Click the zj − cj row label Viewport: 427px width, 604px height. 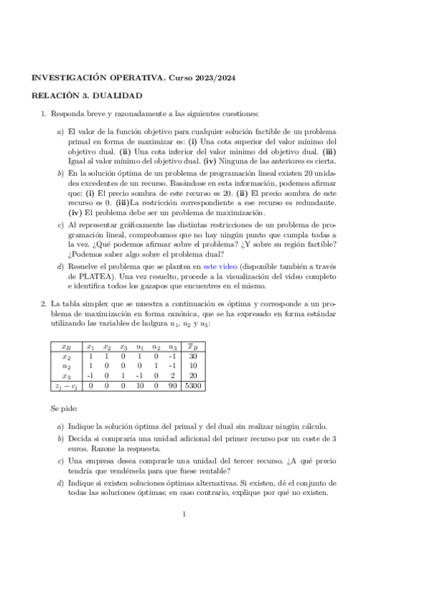click(66, 387)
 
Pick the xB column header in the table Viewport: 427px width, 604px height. click(66, 347)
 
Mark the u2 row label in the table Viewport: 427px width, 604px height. click(66, 367)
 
